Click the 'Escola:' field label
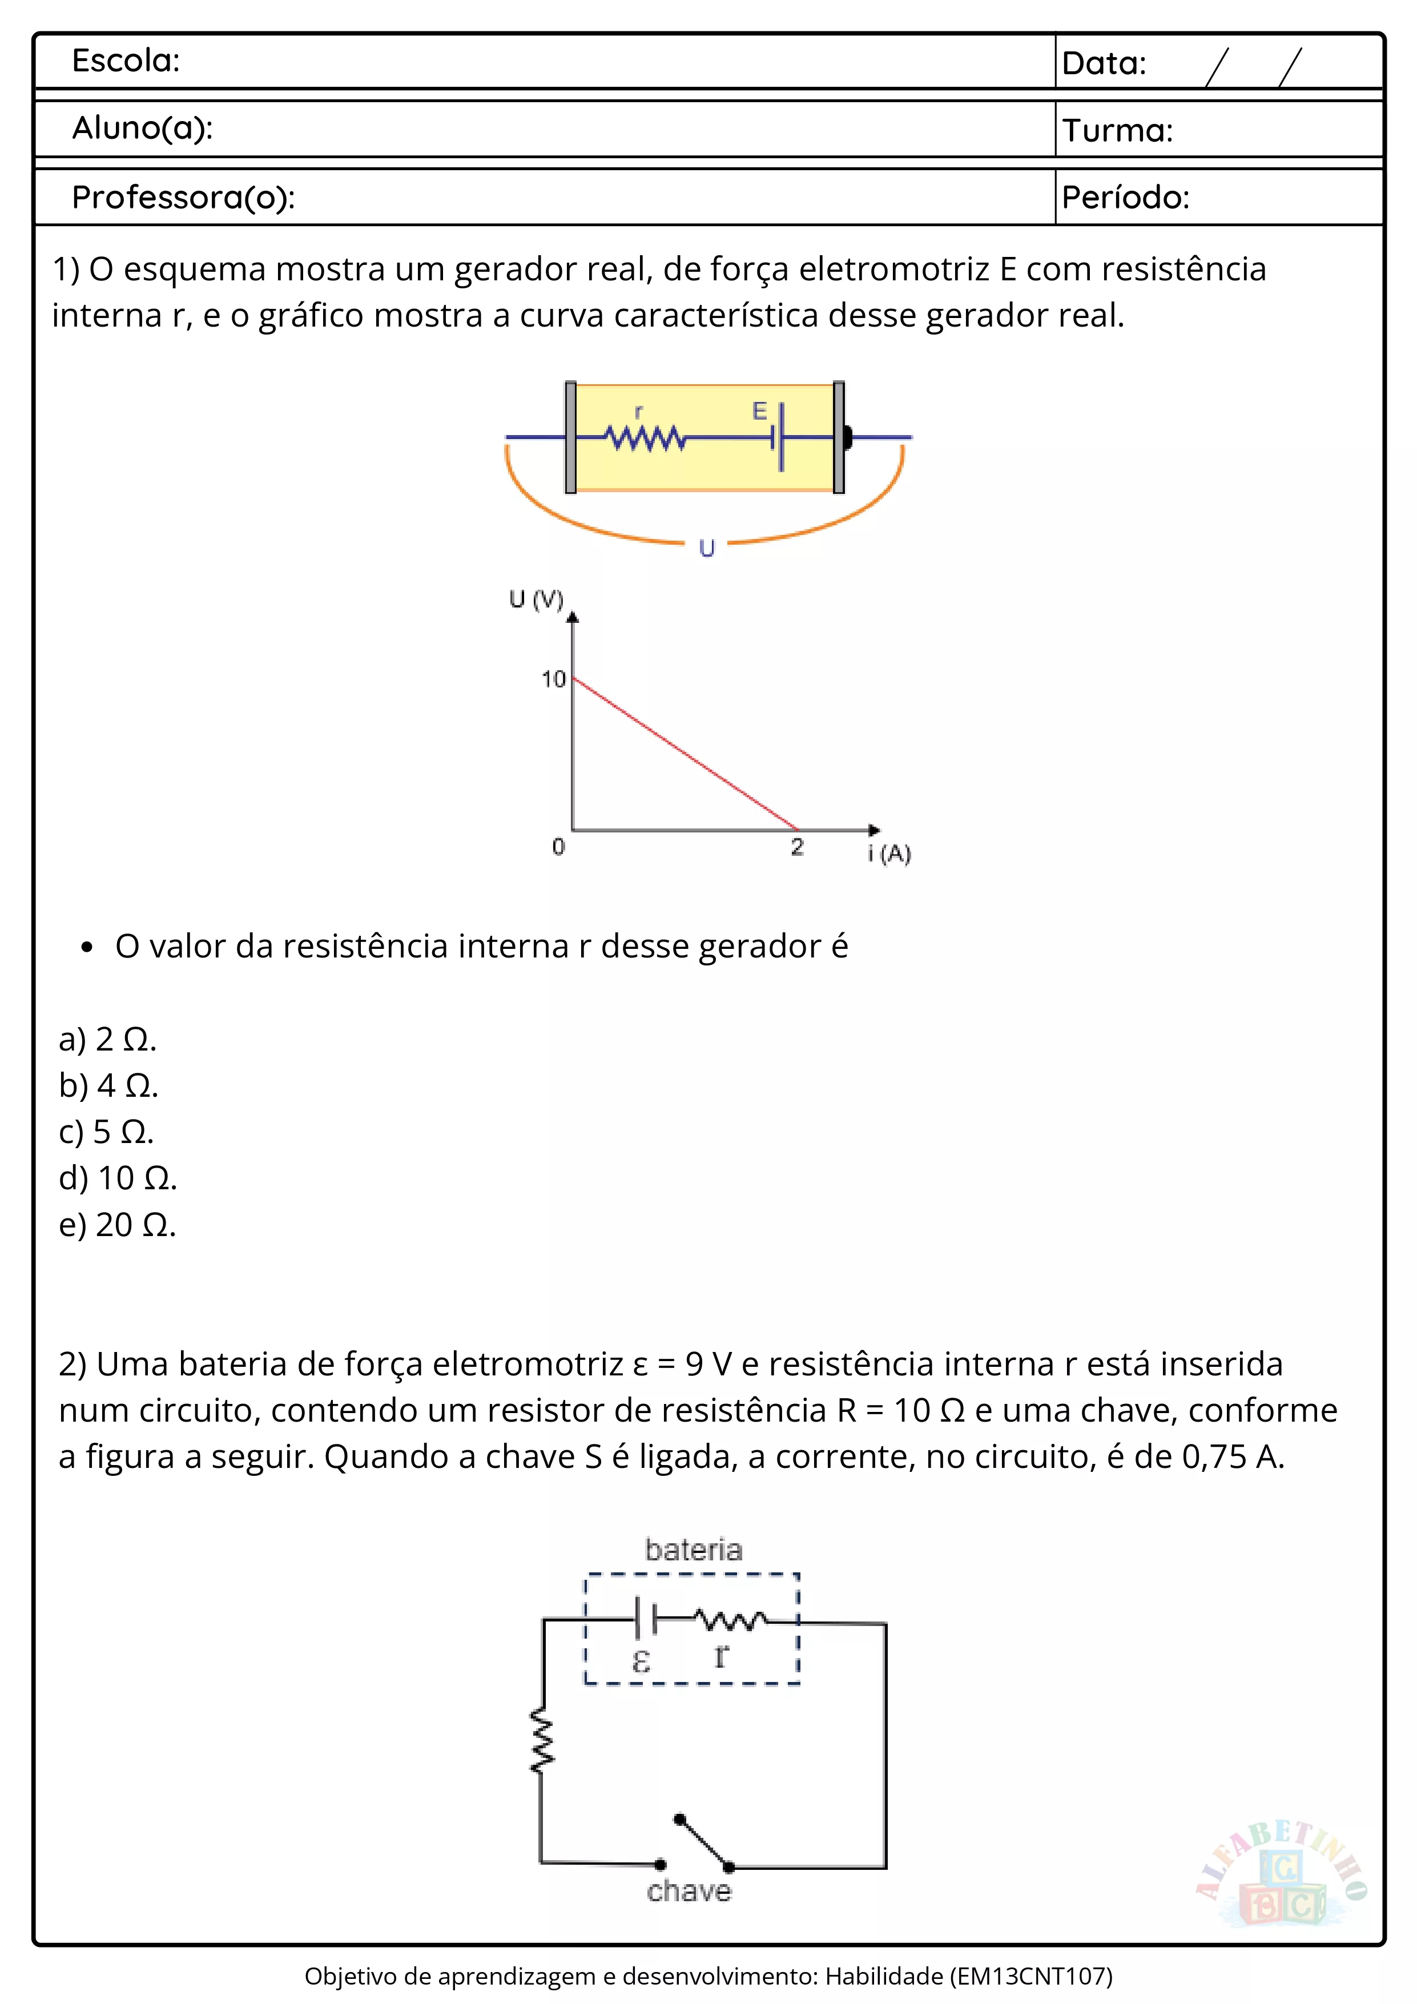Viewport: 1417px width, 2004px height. pyautogui.click(x=126, y=61)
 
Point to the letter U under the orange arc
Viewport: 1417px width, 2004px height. pyautogui.click(x=707, y=548)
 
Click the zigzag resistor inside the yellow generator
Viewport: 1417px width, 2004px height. pyautogui.click(x=646, y=437)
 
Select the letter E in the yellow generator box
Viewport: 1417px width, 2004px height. pyautogui.click(x=759, y=411)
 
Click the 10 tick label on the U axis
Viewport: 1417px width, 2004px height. pyautogui.click(x=553, y=679)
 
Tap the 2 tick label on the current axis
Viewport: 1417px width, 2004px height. pyautogui.click(x=796, y=847)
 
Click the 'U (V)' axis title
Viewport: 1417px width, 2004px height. pyautogui.click(x=536, y=599)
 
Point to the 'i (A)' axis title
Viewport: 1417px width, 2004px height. pyautogui.click(x=889, y=853)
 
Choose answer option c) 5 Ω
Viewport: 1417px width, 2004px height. pyautogui.click(x=106, y=1132)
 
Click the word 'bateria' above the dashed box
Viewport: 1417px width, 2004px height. pyautogui.click(x=694, y=1550)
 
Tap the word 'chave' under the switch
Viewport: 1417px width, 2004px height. pyautogui.click(x=689, y=1892)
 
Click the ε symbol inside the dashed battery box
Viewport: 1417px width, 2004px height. pyautogui.click(x=641, y=1661)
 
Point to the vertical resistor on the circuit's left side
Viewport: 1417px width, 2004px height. pyautogui.click(x=542, y=1741)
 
